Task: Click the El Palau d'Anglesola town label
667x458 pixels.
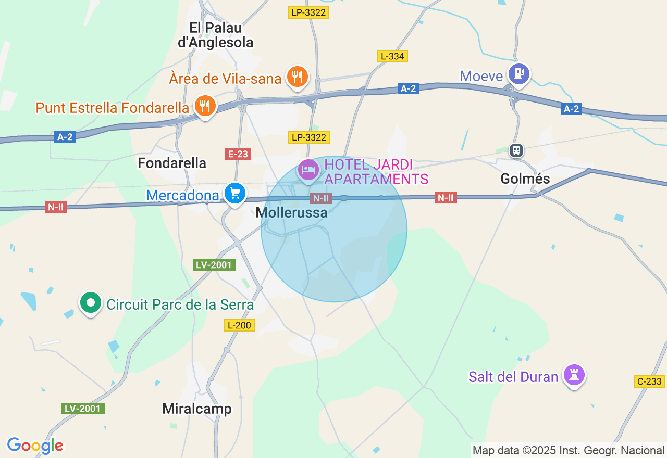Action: click(216, 35)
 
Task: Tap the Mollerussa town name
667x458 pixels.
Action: click(292, 212)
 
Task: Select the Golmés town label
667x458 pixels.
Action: click(525, 179)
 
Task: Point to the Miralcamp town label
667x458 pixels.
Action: click(197, 409)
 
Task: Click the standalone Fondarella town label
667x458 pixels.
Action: click(172, 163)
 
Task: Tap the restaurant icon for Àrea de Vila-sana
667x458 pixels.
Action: click(297, 77)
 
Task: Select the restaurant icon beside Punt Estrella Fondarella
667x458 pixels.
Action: click(205, 106)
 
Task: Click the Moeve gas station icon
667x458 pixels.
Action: click(518, 74)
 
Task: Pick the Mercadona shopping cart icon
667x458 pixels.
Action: click(235, 194)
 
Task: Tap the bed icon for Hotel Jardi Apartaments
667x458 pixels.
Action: click(308, 169)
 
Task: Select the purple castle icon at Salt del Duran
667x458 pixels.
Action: click(574, 375)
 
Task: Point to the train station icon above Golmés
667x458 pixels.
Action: click(516, 150)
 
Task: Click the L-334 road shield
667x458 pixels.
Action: click(392, 56)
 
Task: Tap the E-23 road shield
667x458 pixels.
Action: click(238, 154)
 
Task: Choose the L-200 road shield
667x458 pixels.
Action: click(240, 325)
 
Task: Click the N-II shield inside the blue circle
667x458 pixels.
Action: click(320, 198)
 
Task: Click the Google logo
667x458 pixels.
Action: click(35, 446)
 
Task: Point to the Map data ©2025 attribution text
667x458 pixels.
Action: click(569, 450)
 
